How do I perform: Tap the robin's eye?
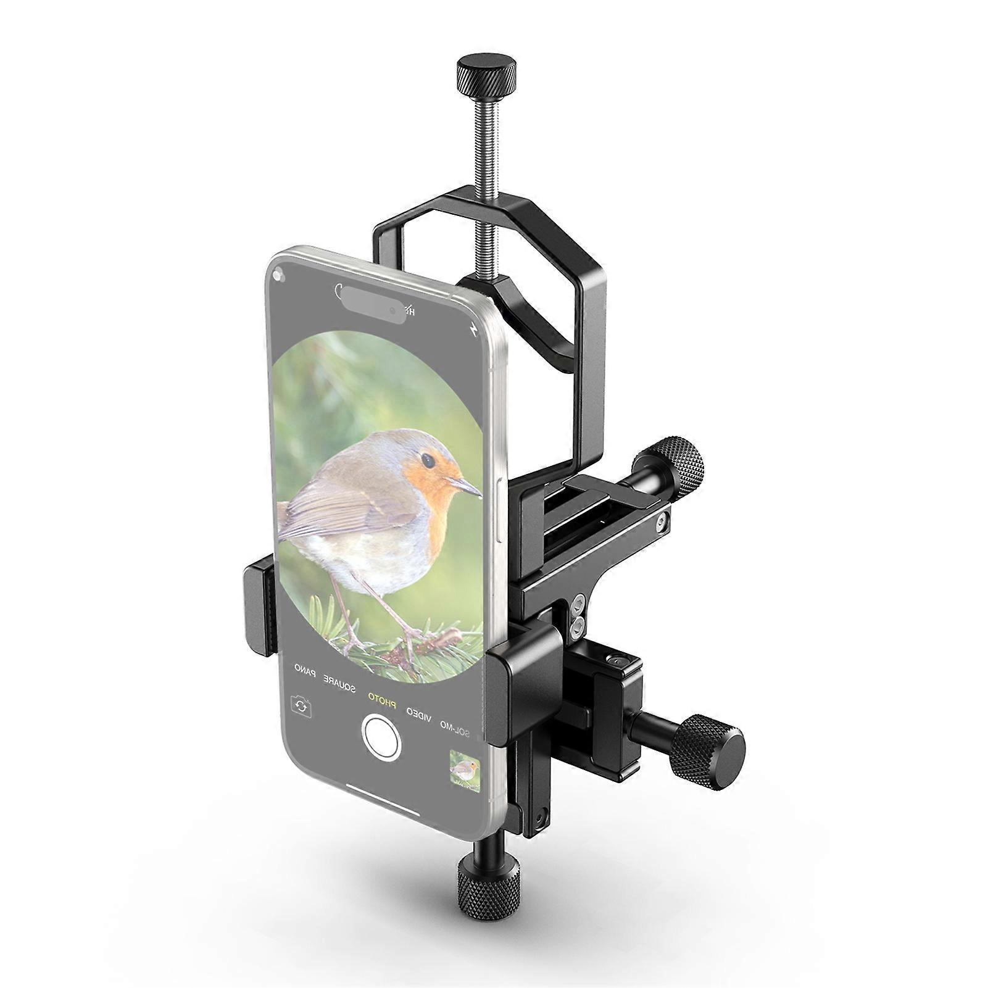point(426,460)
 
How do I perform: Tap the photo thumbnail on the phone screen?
point(464,769)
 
